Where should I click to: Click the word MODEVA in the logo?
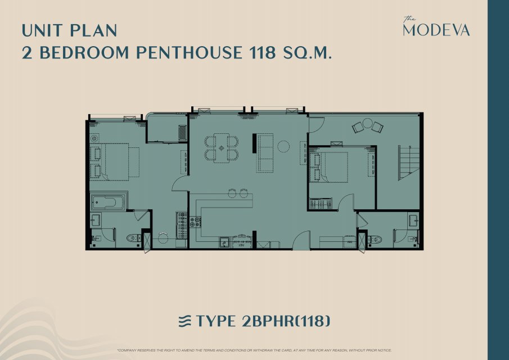click(x=436, y=30)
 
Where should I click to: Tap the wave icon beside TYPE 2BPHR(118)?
click(x=186, y=321)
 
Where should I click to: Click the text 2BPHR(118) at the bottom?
click(x=286, y=321)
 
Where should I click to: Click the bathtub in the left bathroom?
click(x=109, y=202)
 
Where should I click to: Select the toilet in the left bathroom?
click(x=134, y=238)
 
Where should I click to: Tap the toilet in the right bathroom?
click(x=374, y=240)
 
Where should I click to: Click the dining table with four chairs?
click(x=222, y=148)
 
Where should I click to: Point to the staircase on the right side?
click(x=409, y=163)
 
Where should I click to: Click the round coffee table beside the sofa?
click(x=283, y=146)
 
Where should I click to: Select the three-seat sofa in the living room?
click(x=265, y=152)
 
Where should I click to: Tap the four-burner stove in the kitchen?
click(x=195, y=222)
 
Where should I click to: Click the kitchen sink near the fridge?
click(x=224, y=242)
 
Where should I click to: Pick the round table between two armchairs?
click(x=367, y=123)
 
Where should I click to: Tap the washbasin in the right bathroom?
click(x=413, y=220)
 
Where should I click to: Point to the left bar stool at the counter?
click(x=232, y=193)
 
